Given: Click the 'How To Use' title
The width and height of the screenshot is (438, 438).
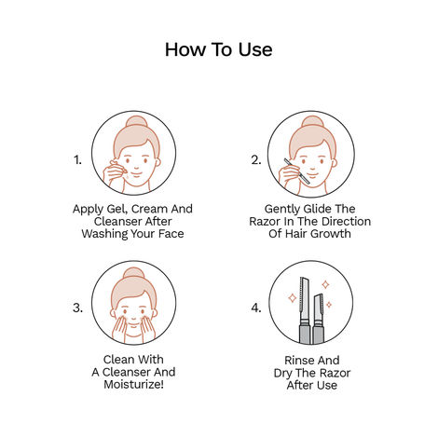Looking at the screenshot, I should click(x=218, y=49).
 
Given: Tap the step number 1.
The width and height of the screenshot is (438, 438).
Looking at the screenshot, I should click(x=78, y=159).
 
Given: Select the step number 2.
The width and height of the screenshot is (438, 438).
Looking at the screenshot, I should click(x=255, y=159).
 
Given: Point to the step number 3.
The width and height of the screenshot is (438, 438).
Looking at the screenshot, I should click(x=78, y=307).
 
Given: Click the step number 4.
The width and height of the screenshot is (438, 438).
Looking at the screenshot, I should click(x=256, y=307).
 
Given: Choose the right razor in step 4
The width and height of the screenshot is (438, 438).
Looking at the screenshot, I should click(x=322, y=314).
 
